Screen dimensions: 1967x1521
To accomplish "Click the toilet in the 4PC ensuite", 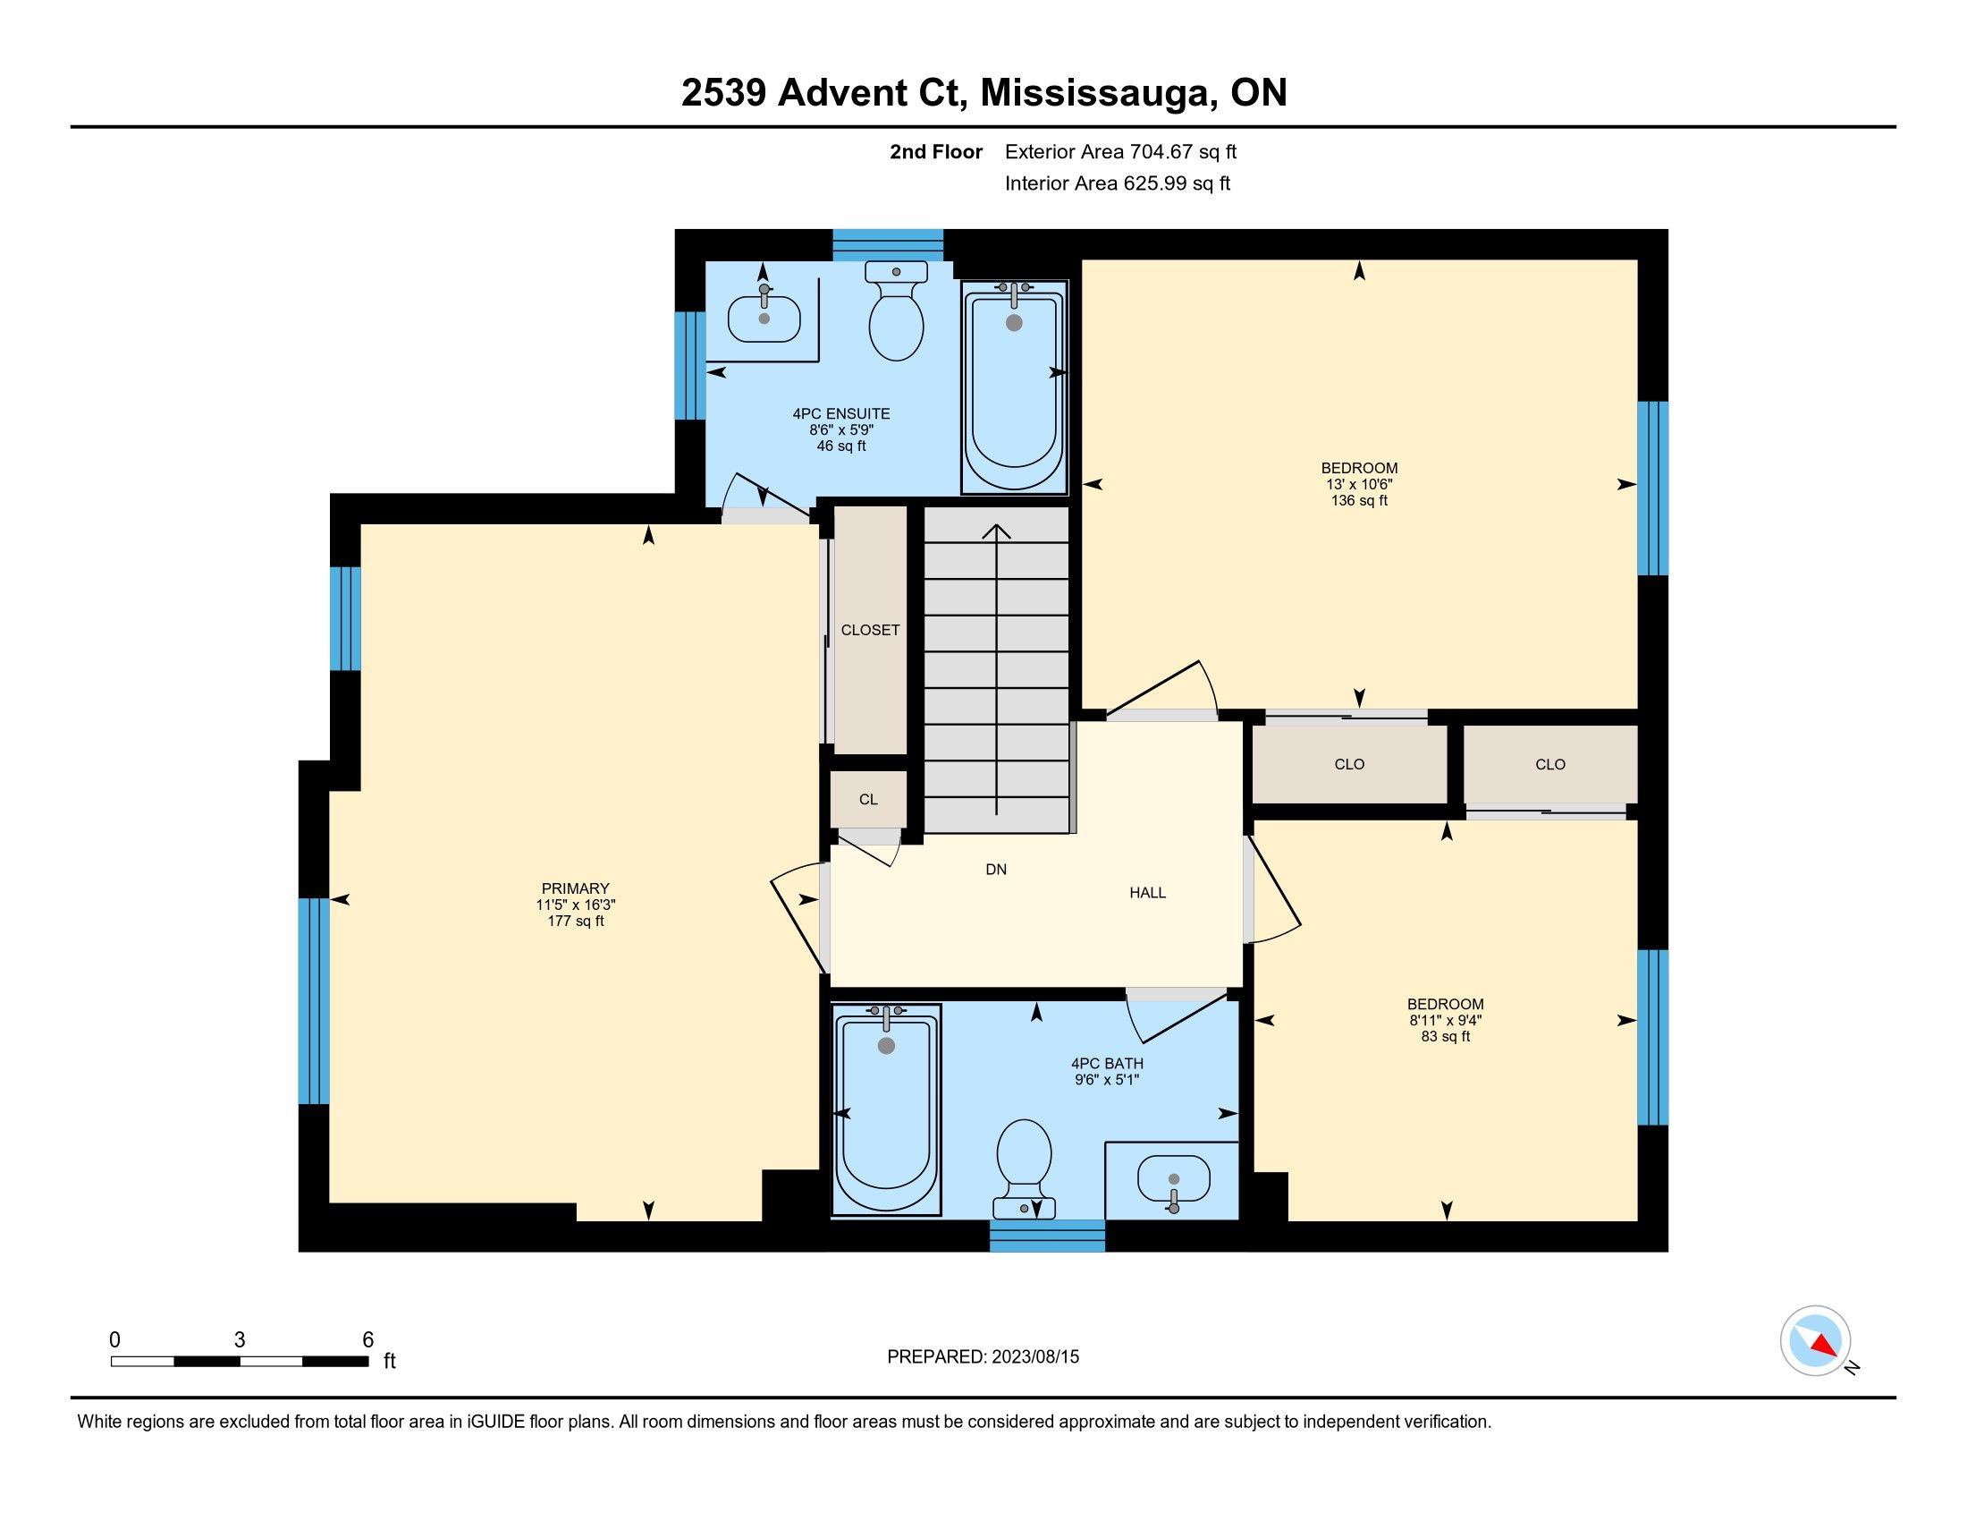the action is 896,310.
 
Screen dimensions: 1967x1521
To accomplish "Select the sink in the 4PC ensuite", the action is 764,315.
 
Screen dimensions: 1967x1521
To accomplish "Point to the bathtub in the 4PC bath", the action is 886,1111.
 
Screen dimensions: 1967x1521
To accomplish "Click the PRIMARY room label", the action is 576,888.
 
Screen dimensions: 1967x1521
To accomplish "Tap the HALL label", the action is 1147,892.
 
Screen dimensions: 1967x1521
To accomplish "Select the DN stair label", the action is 996,870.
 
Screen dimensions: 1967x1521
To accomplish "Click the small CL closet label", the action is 868,799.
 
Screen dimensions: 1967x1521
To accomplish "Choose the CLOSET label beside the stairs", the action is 870,630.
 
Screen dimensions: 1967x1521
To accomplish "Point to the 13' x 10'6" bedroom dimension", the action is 1359,484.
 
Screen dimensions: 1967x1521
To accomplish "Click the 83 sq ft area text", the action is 1446,1036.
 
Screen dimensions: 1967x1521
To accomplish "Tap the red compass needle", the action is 1824,1346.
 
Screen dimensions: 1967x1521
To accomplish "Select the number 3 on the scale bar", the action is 240,1340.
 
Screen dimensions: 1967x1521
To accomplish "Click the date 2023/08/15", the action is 1034,1356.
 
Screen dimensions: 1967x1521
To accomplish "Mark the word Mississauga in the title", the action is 1097,94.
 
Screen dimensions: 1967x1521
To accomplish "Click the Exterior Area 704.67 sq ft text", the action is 1120,151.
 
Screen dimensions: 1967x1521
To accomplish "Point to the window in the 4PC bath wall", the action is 1048,1236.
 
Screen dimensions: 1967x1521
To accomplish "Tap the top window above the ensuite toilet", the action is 887,245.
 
